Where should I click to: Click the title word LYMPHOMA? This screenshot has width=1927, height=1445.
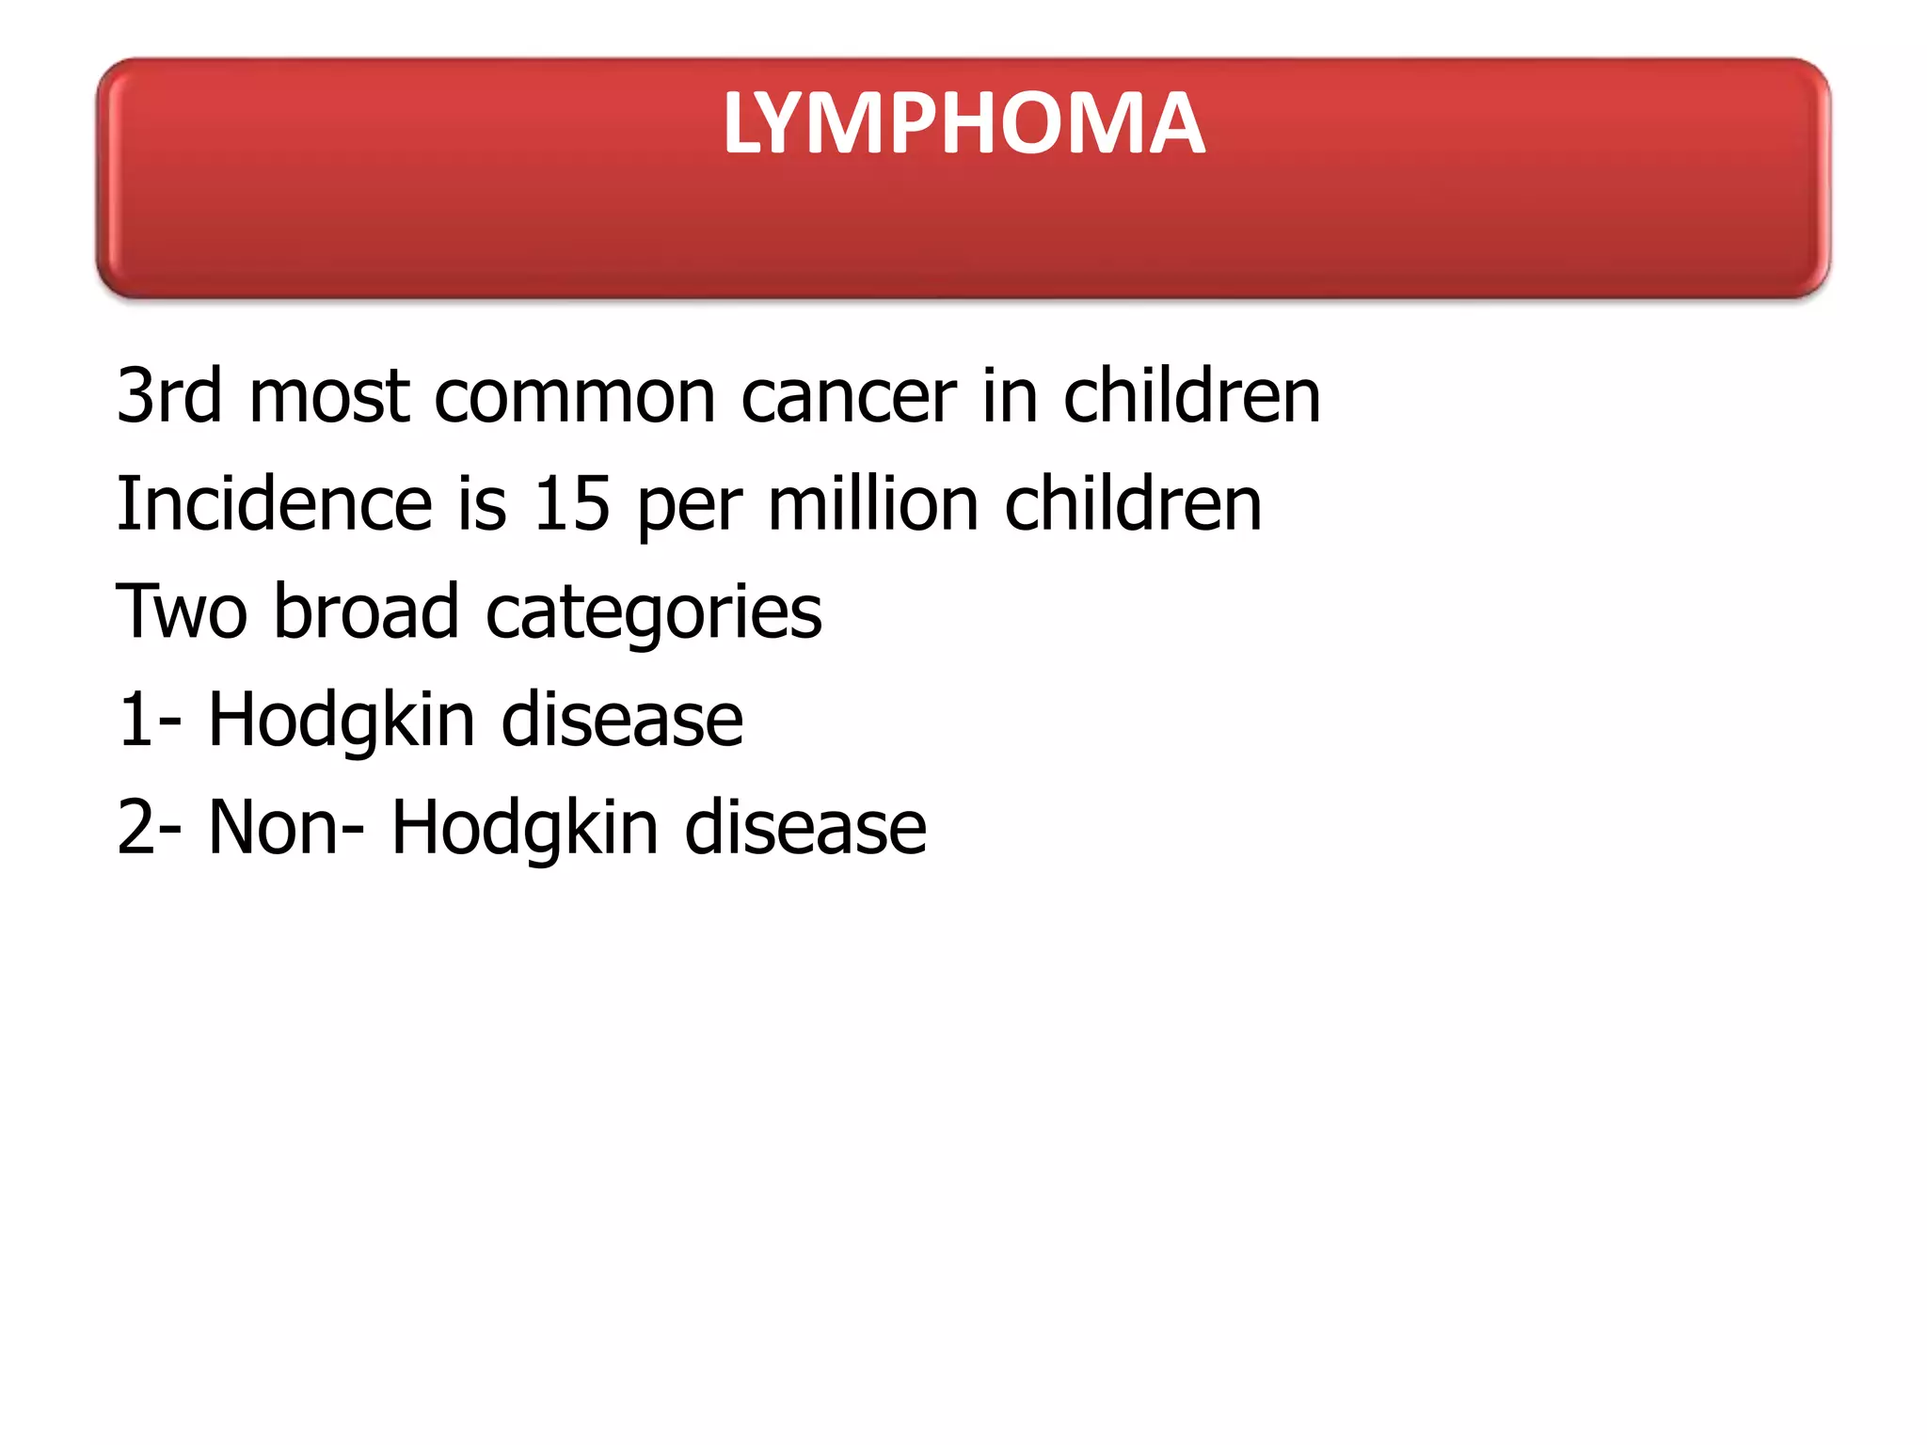point(963,123)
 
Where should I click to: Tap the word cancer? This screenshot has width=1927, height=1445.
point(849,396)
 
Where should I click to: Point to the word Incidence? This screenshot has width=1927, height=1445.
point(274,504)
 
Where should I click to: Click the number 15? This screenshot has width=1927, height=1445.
point(571,504)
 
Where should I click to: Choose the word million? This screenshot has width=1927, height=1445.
point(873,504)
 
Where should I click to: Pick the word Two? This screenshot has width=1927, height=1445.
point(182,612)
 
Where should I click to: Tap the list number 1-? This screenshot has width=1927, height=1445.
point(149,721)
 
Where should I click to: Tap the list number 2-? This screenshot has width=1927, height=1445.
point(149,828)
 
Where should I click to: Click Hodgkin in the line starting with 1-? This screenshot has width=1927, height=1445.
point(342,721)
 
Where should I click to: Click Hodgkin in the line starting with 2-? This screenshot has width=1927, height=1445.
point(524,828)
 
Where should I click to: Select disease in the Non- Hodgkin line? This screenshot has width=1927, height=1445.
point(805,828)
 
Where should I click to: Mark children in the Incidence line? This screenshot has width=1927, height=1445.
point(1133,504)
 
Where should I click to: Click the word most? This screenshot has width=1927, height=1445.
point(328,396)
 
